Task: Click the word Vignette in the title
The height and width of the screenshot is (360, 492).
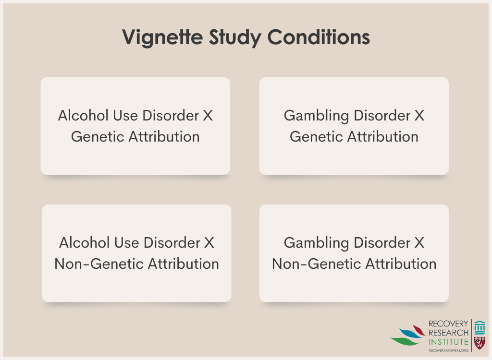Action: pos(162,37)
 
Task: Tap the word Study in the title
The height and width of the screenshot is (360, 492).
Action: pos(235,37)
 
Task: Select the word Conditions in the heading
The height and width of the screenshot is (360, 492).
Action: pos(319,37)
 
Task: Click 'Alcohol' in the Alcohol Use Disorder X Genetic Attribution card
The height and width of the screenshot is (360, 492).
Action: pos(83,115)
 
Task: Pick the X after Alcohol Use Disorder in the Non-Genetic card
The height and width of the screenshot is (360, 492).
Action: pos(209,243)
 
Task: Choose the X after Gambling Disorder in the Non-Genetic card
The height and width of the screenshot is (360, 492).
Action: pos(419,243)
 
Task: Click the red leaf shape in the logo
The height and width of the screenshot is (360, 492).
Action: pos(419,330)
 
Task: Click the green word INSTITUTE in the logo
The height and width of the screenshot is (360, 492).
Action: pos(448,342)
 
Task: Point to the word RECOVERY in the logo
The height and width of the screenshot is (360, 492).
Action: pos(448,324)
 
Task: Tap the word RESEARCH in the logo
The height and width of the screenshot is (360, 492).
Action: pos(448,333)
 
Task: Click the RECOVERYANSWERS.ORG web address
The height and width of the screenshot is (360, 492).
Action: pos(448,350)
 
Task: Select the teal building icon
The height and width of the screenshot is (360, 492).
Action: pos(480,327)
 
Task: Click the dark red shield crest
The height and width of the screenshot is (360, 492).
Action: pos(480,343)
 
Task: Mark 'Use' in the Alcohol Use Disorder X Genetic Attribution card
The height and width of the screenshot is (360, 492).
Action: pos(125,115)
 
